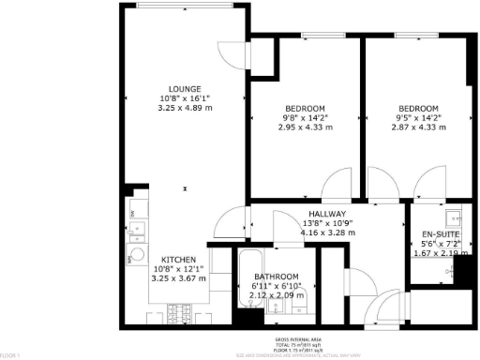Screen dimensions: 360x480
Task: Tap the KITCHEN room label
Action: pyautogui.click(x=178, y=260)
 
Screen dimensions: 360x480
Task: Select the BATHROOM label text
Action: pyautogui.click(x=277, y=277)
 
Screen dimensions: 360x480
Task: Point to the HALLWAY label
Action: pyautogui.click(x=328, y=215)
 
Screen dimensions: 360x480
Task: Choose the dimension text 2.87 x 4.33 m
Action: pyautogui.click(x=417, y=127)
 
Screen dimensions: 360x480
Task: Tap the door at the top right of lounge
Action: pyautogui.click(x=229, y=55)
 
